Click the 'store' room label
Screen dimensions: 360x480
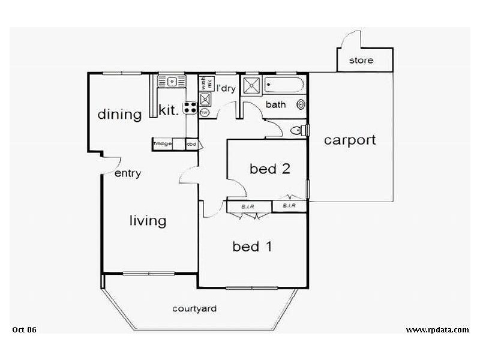pyautogui.click(x=361, y=60)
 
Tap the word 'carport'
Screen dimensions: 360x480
pyautogui.click(x=350, y=140)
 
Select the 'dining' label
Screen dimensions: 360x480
pyautogui.click(x=119, y=114)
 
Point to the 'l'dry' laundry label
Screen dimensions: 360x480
pyautogui.click(x=226, y=89)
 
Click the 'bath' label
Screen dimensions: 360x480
pyautogui.click(x=276, y=104)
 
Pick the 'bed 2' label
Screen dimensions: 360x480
pyautogui.click(x=270, y=169)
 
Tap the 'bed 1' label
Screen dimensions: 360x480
pyautogui.click(x=254, y=246)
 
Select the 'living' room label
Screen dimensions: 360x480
pyautogui.click(x=148, y=221)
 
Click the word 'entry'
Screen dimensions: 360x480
pyautogui.click(x=127, y=174)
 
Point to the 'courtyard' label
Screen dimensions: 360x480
pyautogui.click(x=194, y=309)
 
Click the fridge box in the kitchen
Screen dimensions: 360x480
pyautogui.click(x=163, y=144)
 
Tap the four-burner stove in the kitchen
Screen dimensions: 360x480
pyautogui.click(x=191, y=108)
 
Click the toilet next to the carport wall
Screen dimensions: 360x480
pyautogui.click(x=298, y=130)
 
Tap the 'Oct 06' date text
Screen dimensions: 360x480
pyautogui.click(x=25, y=329)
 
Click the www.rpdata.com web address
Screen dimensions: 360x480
pyautogui.click(x=437, y=329)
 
